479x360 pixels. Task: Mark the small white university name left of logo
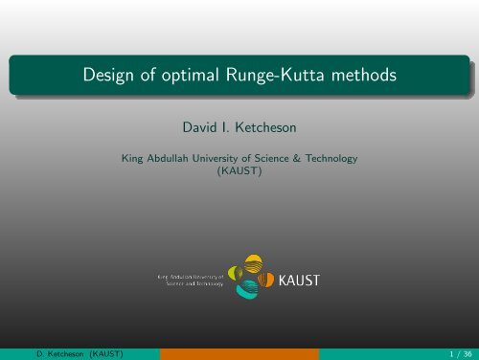tap(189, 280)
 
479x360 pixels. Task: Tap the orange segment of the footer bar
tap(239, 353)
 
